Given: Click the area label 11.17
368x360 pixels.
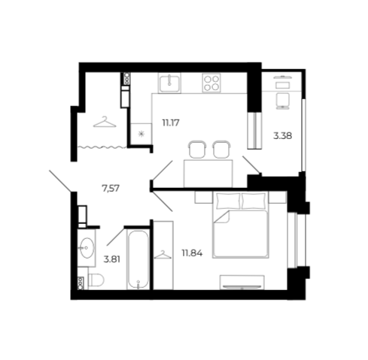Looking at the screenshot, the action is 171,123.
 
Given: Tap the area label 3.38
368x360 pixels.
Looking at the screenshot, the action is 283,136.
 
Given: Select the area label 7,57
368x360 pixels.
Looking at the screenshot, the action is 111,188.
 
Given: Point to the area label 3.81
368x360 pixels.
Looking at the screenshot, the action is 112,259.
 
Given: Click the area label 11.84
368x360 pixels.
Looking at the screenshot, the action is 192,253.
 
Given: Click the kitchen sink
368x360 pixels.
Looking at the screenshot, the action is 169,83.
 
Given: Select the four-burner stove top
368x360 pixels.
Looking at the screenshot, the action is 211,83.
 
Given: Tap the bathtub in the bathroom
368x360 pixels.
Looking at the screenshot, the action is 138,260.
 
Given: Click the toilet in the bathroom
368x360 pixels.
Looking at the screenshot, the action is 96,280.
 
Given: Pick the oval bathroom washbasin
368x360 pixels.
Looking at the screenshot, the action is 87,248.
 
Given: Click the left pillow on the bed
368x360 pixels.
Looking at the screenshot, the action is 228,201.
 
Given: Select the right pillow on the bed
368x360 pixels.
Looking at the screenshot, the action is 254,201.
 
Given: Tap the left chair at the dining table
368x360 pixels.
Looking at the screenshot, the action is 197,150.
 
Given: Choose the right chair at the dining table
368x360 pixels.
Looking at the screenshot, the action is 221,150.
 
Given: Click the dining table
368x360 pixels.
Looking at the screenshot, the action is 208,174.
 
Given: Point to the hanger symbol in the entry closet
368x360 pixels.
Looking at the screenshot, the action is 105,122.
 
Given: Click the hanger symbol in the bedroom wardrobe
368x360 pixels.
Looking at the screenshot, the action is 163,255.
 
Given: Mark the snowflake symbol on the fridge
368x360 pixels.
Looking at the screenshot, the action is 141,135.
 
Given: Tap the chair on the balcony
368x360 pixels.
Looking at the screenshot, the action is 282,101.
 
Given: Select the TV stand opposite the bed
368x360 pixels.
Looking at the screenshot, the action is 242,283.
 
